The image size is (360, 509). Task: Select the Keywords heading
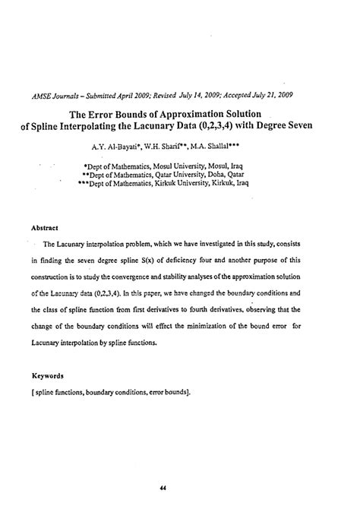click(47, 375)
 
